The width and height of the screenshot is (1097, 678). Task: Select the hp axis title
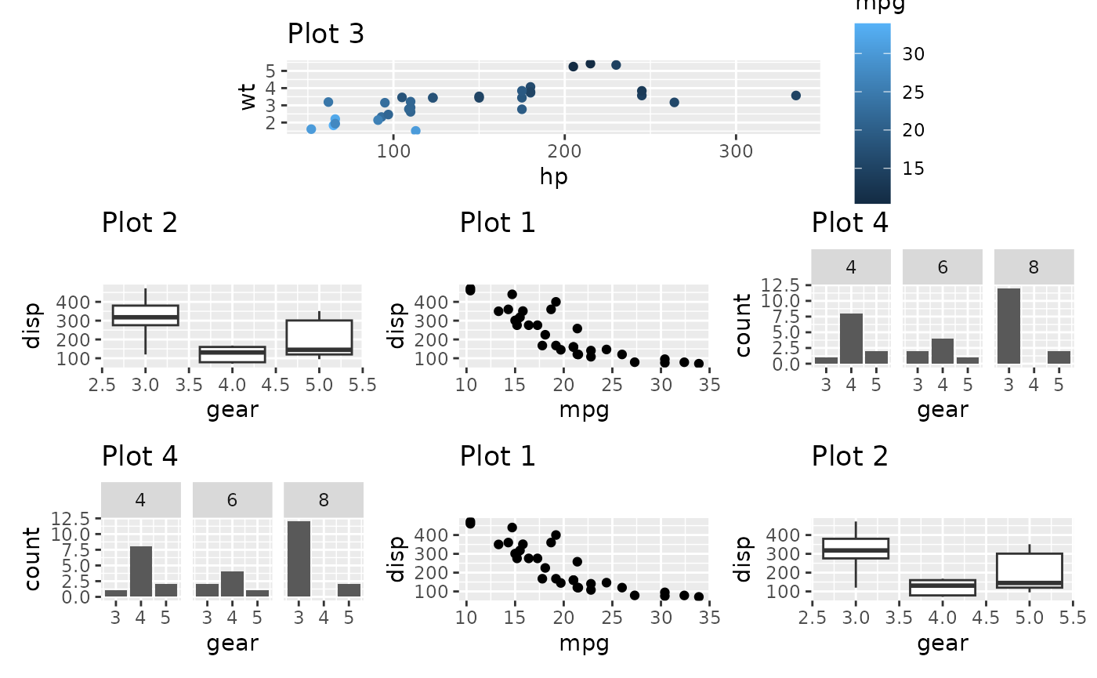coord(553,177)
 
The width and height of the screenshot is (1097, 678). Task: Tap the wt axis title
coord(249,97)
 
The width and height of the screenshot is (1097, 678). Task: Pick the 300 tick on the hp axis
coord(736,150)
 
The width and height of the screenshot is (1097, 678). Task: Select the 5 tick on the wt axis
coord(271,71)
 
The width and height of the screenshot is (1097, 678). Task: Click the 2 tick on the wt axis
coord(271,123)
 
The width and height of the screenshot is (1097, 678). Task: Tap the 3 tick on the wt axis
coord(271,106)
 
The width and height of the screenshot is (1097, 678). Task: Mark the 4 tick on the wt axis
coord(271,88)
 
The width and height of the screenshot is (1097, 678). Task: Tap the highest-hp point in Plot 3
coord(795,96)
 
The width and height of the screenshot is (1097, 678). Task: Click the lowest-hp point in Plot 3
coord(311,129)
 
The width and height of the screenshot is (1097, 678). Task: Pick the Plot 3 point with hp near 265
coord(674,103)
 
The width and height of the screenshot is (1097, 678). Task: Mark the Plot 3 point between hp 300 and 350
coord(795,96)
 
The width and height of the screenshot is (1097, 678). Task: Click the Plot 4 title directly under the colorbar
coord(850,223)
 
